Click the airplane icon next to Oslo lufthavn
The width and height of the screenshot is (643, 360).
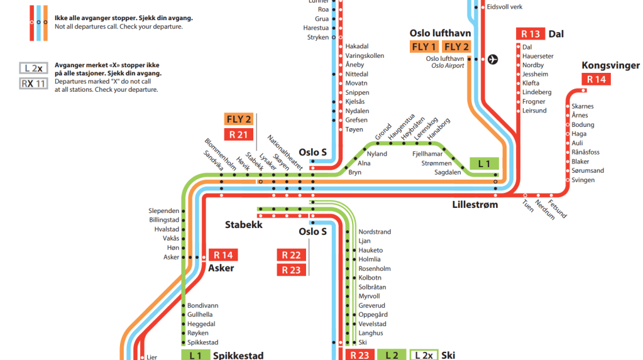pos(493,60)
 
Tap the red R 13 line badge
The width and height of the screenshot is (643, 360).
pos(530,34)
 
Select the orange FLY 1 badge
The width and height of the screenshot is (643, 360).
pos(424,46)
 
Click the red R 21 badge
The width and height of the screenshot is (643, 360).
pos(239,134)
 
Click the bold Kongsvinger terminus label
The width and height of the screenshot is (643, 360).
pos(610,65)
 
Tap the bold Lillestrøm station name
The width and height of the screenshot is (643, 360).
pos(475,205)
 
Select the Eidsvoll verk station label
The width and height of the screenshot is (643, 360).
pos(505,7)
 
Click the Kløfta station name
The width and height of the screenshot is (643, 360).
pos(532,83)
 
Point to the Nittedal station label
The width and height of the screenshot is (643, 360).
pos(357,74)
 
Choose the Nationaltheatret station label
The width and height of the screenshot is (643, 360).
pos(285,153)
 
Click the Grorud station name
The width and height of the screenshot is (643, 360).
pos(383,132)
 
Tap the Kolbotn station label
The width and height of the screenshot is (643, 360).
pos(370,278)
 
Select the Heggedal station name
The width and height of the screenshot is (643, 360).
pos(201,324)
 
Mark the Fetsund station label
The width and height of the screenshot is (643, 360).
pos(558,209)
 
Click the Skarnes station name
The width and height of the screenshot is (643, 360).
pos(583,106)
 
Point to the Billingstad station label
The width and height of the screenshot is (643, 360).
pos(164,220)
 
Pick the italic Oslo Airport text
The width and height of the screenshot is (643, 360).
pos(448,66)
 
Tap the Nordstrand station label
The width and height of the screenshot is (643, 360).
pos(375,232)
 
